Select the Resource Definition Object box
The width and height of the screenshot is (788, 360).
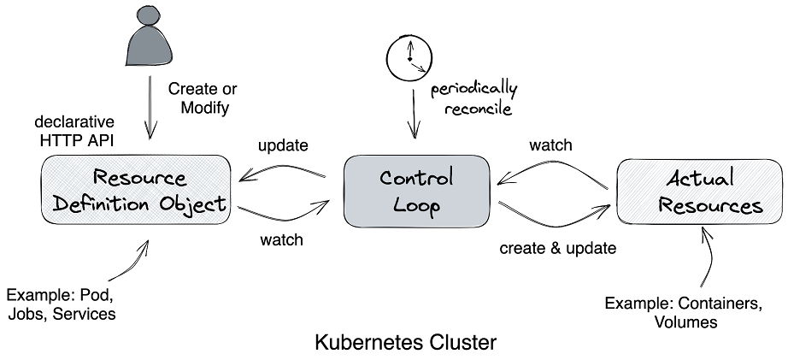pyautogui.click(x=136, y=191)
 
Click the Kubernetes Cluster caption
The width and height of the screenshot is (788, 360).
pyautogui.click(x=405, y=344)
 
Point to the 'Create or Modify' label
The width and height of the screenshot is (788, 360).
pyautogui.click(x=203, y=98)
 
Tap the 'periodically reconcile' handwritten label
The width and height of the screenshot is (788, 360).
pyautogui.click(x=473, y=97)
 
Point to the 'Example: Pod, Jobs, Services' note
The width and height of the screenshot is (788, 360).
pyautogui.click(x=61, y=304)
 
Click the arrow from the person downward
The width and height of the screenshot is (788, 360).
pyautogui.click(x=150, y=107)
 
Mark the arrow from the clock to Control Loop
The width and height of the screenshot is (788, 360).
pyautogui.click(x=415, y=111)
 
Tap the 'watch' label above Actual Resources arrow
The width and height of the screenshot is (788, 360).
pyautogui.click(x=550, y=145)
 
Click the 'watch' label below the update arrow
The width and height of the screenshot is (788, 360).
pyautogui.click(x=281, y=239)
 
